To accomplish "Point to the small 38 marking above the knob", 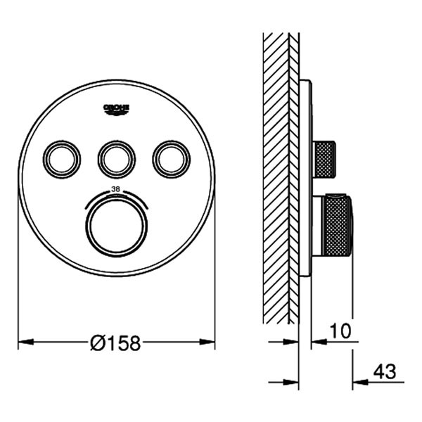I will pyautogui.click(x=117, y=190).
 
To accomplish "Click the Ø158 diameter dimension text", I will pyautogui.click(x=116, y=343).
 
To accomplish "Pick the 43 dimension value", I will pyautogui.click(x=383, y=371).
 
